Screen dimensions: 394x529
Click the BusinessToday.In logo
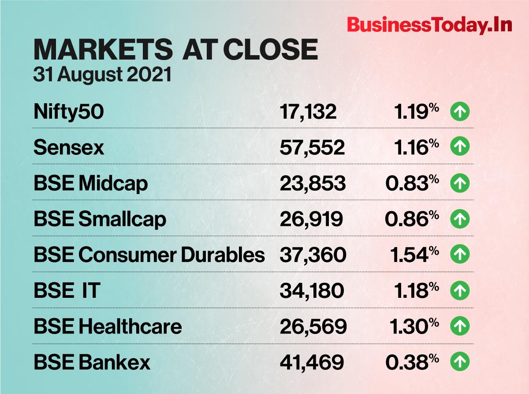click(430, 26)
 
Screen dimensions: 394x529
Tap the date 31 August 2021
click(102, 75)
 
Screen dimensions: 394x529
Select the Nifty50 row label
click(69, 112)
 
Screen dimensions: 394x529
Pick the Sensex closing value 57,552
click(312, 148)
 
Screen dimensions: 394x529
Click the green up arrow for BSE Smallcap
click(460, 219)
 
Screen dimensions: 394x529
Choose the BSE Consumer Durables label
click(149, 255)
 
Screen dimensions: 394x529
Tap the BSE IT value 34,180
click(312, 291)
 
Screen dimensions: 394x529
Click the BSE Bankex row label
click(92, 362)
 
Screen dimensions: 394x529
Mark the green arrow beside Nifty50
click(460, 112)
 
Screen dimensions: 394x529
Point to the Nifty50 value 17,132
click(308, 112)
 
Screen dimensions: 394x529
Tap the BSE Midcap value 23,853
click(313, 184)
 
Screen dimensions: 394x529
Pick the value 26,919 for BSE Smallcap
click(311, 219)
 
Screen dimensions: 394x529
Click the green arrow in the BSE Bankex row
click(460, 362)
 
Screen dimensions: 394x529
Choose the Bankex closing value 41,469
click(312, 362)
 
